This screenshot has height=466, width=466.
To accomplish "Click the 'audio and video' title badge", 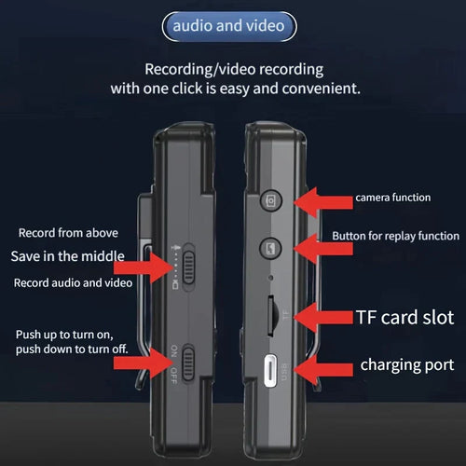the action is (x=229, y=26).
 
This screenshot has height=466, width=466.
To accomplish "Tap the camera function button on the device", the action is (x=271, y=200).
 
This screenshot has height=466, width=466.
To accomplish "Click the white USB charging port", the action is (x=270, y=370).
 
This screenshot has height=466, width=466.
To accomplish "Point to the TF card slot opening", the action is (x=270, y=316).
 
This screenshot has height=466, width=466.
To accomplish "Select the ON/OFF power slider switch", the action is (x=188, y=363).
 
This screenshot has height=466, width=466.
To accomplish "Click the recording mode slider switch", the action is (x=188, y=267).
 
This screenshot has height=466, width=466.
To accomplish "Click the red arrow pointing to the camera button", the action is (x=323, y=202).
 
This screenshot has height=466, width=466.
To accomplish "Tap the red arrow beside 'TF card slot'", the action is (x=323, y=317).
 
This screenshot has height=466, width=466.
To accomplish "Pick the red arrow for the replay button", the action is (x=323, y=249).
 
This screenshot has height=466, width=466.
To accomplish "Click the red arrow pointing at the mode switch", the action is (x=144, y=267).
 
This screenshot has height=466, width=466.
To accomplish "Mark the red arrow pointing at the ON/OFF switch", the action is (x=144, y=363).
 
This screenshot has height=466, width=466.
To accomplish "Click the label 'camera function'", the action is (x=393, y=198).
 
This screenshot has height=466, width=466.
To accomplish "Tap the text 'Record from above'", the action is (x=68, y=233).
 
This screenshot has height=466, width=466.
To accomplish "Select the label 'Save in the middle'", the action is (x=68, y=256).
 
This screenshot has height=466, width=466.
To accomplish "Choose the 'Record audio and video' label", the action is (x=73, y=282).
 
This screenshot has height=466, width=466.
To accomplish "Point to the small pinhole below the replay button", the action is (x=270, y=278).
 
